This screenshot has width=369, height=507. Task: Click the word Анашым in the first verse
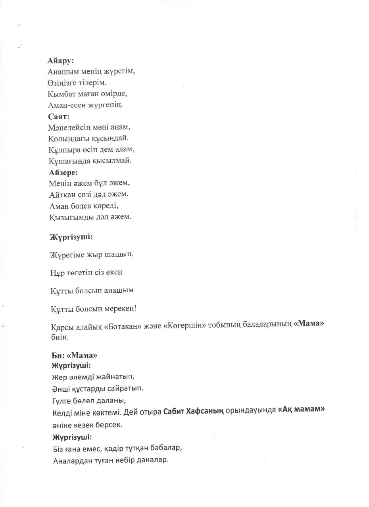click(x=63, y=72)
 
